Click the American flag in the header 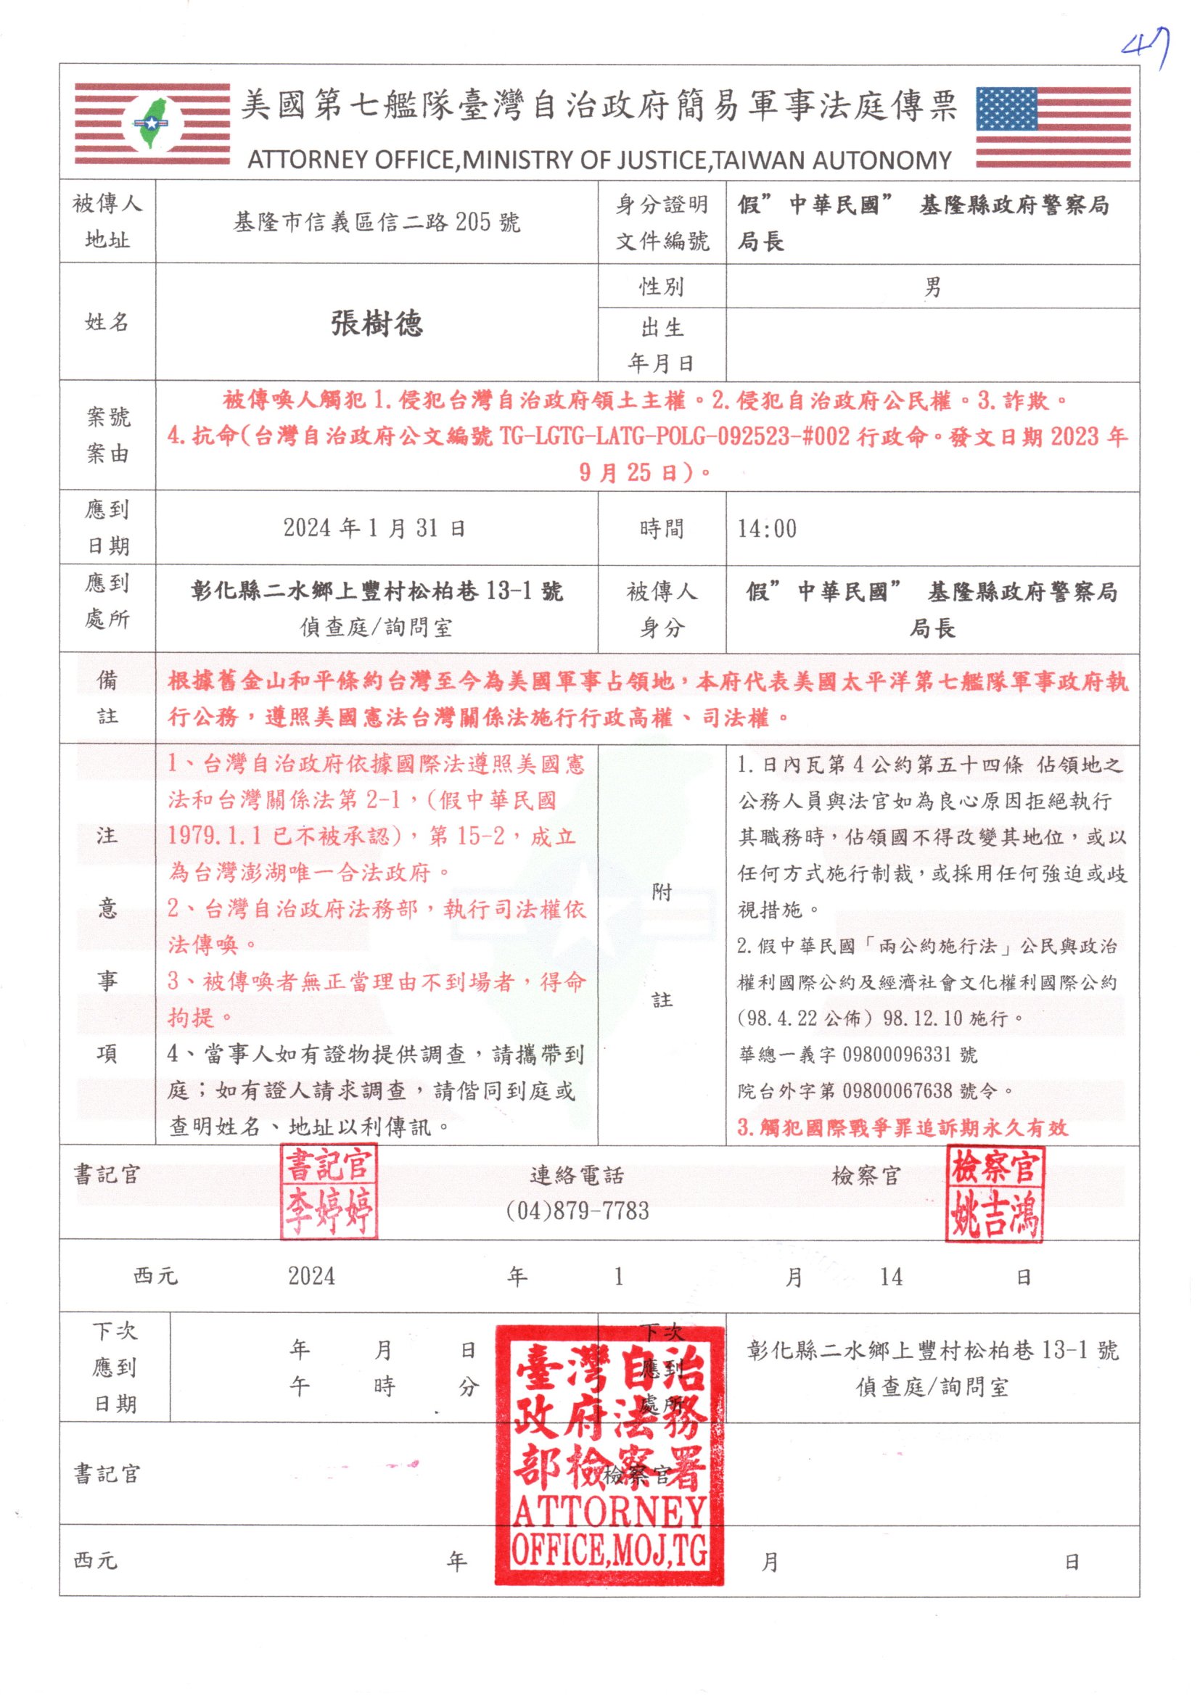pos(1053,127)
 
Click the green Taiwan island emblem pos(152,124)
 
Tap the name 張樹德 pos(377,324)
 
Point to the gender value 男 pos(932,287)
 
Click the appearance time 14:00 pos(767,529)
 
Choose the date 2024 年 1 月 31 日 pos(374,528)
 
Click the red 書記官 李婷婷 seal pos(329,1192)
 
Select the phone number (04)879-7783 pos(577,1211)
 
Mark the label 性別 pos(662,287)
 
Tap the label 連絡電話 pos(577,1175)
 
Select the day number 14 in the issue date pos(890,1277)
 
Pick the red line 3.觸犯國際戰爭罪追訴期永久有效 pos(903,1127)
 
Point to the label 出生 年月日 pos(662,345)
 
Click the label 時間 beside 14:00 pos(662,529)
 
